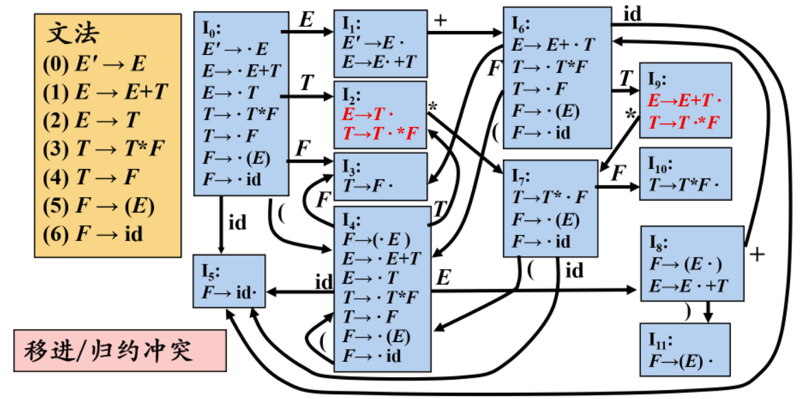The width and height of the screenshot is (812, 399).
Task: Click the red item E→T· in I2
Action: coord(369,113)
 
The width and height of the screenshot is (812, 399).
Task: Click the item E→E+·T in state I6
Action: coord(554,45)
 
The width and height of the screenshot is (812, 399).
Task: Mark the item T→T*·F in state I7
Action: coord(550,198)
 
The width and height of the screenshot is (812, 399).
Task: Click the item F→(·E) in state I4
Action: coord(376,240)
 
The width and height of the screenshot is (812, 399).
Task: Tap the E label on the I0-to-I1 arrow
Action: coord(306,21)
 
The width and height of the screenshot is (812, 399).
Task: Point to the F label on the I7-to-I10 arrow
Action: coord(618,173)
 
